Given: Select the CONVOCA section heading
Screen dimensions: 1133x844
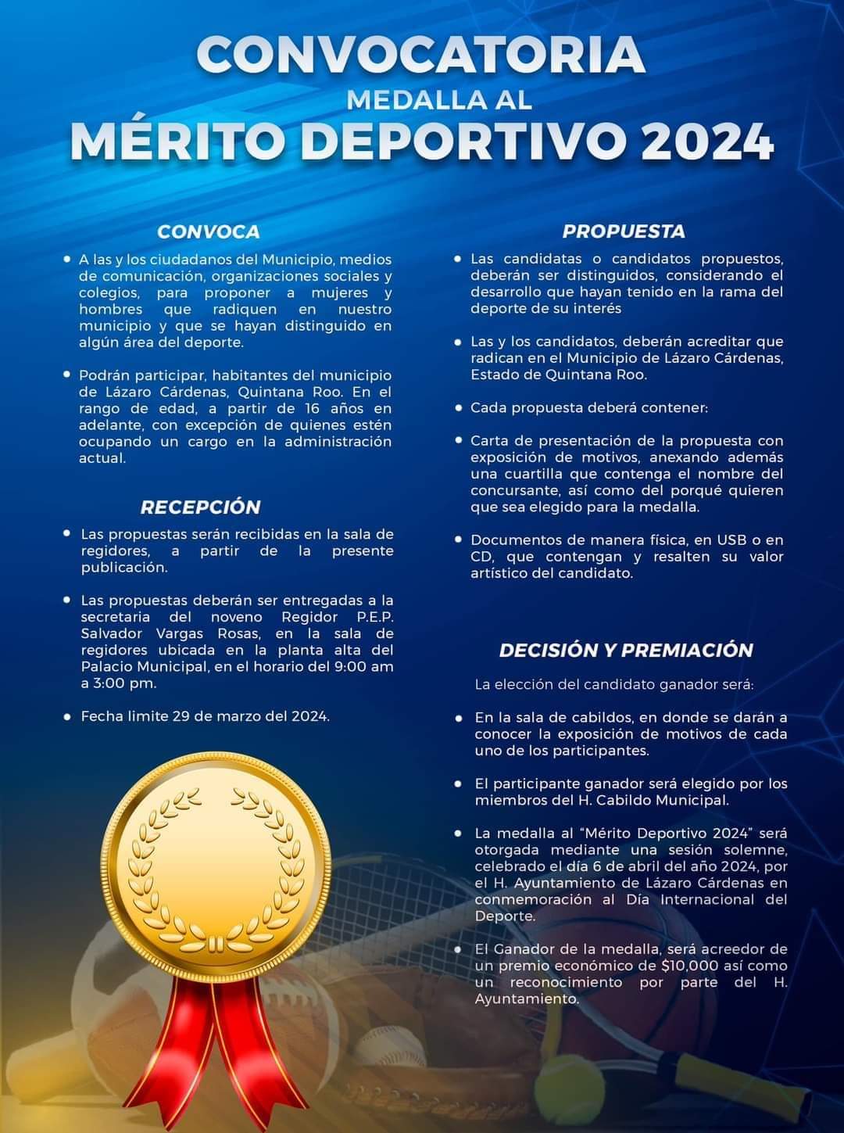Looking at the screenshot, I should click(208, 231).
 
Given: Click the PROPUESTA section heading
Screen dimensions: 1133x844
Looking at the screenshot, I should click(624, 231).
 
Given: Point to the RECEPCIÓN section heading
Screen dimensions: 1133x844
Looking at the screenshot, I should click(200, 507).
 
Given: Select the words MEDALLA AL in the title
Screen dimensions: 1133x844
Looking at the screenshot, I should click(438, 100).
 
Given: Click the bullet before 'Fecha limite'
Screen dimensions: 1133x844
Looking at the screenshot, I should click(68, 715).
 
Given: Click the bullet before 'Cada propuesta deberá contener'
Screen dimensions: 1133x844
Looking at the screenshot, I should click(459, 407).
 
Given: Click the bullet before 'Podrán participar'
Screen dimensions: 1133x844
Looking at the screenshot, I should click(66, 375).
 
